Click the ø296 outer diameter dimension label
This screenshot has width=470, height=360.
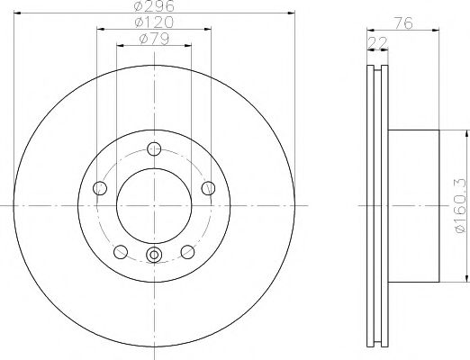click(154, 6)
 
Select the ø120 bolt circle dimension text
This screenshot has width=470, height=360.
click(154, 21)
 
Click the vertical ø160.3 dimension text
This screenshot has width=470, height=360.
click(458, 206)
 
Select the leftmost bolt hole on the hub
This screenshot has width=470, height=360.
click(100, 188)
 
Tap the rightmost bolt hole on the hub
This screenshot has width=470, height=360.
click(209, 187)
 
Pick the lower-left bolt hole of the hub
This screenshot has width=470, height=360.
click(121, 251)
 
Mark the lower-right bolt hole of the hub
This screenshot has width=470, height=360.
click(187, 251)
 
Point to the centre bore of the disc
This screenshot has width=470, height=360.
click(154, 206)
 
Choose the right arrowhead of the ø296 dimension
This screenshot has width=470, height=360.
click(291, 13)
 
